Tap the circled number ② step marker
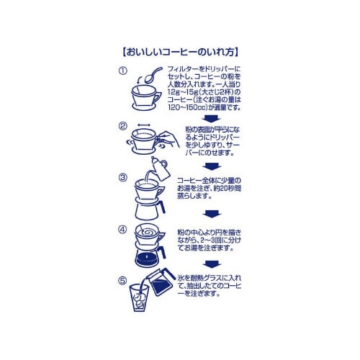click(122, 125)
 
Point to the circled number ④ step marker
click(122, 230)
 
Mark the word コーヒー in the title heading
click(174, 53)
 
